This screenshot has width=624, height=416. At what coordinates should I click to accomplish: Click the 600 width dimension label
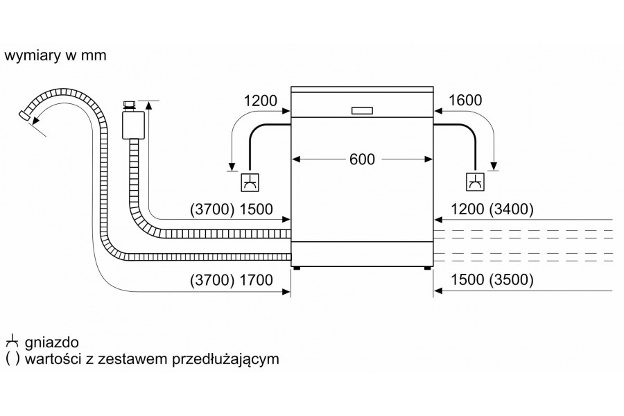362,159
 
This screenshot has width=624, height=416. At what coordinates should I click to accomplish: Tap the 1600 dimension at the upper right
465,100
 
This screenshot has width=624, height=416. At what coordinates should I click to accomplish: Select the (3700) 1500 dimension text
232,209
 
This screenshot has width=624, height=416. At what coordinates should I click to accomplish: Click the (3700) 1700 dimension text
232,280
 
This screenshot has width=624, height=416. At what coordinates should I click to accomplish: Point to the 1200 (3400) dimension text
492,209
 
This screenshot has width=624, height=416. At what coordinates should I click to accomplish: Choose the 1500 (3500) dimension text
492,280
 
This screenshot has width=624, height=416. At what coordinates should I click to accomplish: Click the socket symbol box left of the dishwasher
250,183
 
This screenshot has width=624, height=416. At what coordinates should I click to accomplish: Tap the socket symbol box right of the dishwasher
475,182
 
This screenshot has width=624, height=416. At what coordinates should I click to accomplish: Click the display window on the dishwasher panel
362,111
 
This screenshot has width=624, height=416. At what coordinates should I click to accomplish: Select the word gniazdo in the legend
52,343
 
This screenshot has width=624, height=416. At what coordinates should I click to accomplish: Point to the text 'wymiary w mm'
55,55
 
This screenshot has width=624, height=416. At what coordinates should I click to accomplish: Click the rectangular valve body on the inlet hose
133,125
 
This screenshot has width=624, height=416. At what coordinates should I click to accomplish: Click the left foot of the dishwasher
296,268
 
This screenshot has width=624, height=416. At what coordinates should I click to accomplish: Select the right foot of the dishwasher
426,268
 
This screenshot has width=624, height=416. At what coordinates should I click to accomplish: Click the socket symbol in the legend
12,343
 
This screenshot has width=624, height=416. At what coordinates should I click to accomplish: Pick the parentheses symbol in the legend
12,359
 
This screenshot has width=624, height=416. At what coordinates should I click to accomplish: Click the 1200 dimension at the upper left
260,101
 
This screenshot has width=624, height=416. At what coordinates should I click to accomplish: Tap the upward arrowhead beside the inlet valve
149,105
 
